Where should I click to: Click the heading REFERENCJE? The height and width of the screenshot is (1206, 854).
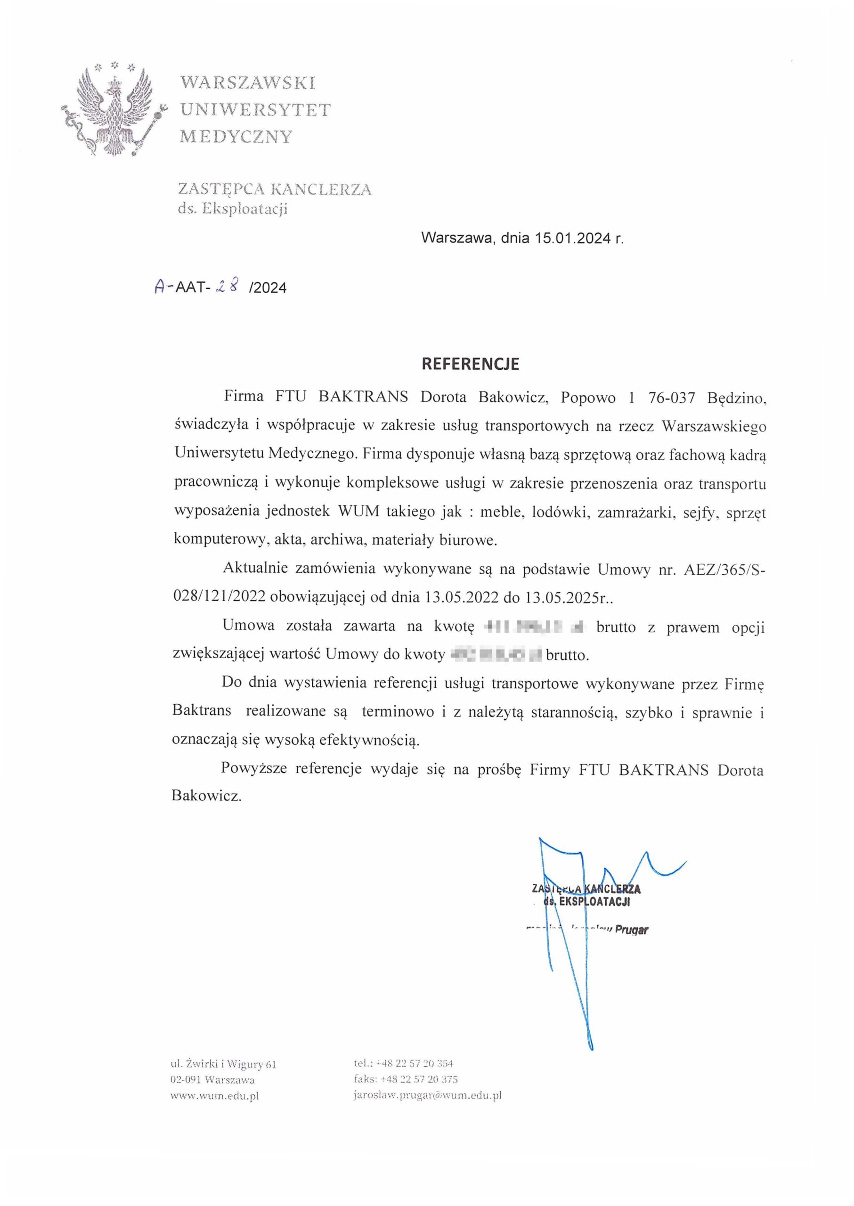pyautogui.click(x=470, y=364)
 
